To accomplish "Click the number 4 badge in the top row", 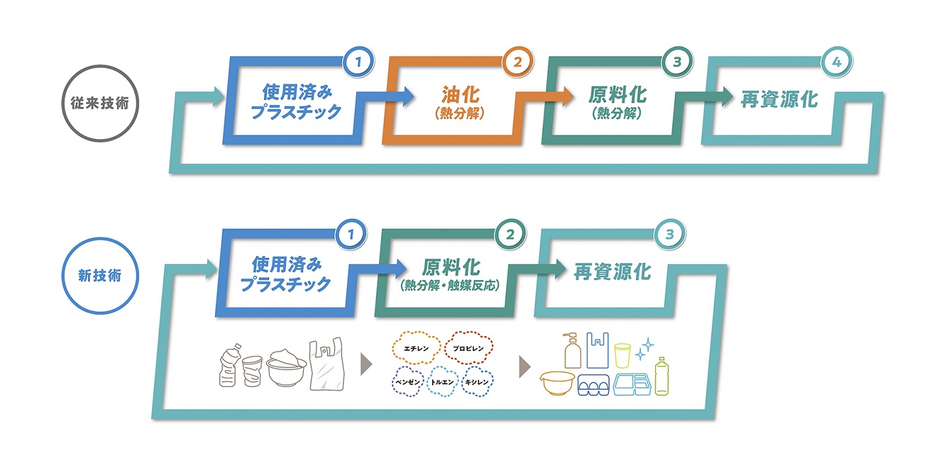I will [836, 62].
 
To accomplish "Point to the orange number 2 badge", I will [517, 62].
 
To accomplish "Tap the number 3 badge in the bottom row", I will [669, 235].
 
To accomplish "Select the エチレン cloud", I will [415, 348].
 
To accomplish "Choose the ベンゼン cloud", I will [407, 381].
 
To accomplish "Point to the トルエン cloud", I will [443, 381].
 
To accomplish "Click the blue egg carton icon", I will [594, 385].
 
